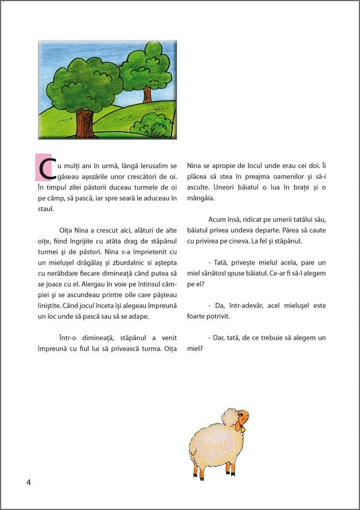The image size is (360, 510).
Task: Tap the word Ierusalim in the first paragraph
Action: [x=152, y=166]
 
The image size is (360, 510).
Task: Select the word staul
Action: [x=46, y=209]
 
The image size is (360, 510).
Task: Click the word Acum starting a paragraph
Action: [x=218, y=220]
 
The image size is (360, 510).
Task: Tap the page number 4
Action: [x=28, y=482]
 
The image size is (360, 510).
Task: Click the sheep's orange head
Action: [x=241, y=416]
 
